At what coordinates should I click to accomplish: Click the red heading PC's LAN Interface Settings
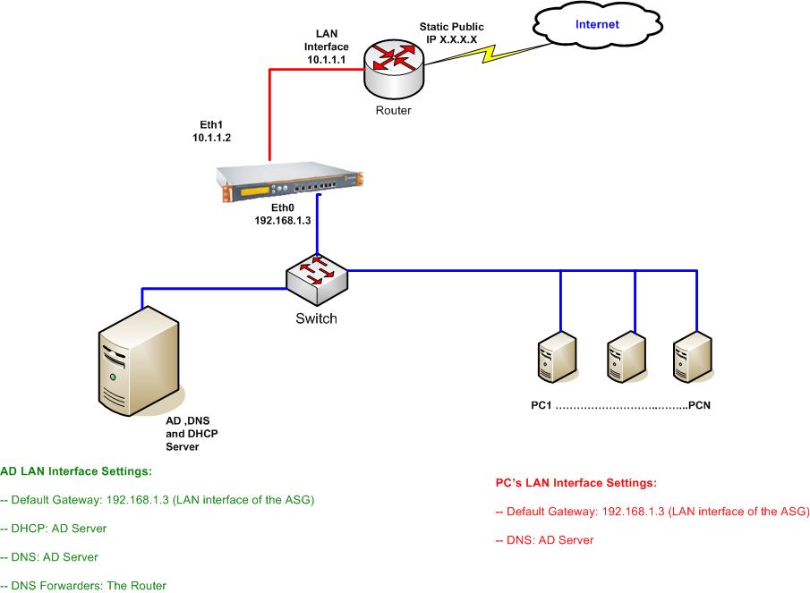click(x=576, y=483)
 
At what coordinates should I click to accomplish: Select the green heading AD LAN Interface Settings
click(x=75, y=470)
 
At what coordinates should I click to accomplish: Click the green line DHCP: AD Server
click(x=54, y=529)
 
